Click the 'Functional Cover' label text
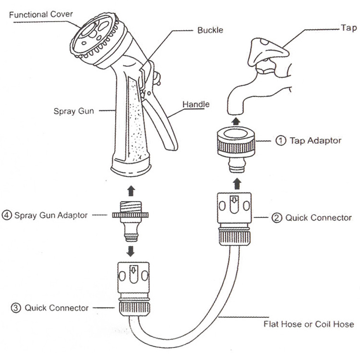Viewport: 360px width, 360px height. [x=41, y=14]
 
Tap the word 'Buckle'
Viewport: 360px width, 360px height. [x=210, y=30]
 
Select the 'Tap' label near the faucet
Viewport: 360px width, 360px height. [x=348, y=28]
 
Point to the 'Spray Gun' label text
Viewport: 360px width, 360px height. [x=73, y=111]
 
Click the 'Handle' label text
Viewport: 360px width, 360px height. [x=196, y=104]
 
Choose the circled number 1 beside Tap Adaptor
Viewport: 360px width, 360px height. [x=281, y=141]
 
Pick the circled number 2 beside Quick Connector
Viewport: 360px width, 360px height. [x=277, y=218]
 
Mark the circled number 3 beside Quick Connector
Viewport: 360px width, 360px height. [x=16, y=308]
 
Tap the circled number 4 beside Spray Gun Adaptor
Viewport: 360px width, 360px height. [x=6, y=215]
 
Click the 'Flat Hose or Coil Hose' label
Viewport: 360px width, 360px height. [x=309, y=324]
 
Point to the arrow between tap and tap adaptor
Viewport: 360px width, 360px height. [x=236, y=121]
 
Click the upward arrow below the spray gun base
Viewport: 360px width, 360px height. [x=131, y=191]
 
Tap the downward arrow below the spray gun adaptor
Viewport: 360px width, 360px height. [x=131, y=251]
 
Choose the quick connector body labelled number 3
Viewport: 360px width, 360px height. [x=134, y=287]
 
